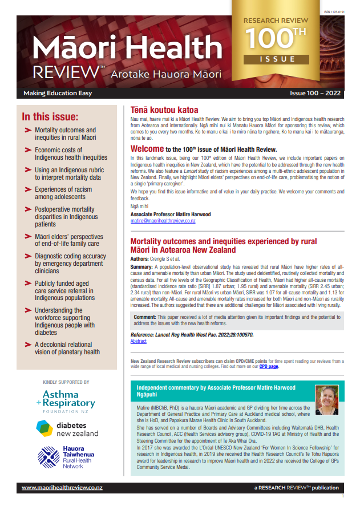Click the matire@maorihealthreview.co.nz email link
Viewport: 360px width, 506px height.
click(163, 220)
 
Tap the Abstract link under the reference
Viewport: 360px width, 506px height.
click(139, 341)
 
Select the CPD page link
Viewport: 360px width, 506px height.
click(269, 366)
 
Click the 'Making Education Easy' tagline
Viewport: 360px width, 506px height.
click(58, 93)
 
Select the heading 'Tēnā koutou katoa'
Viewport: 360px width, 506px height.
click(164, 110)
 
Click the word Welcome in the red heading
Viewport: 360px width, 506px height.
click(147, 149)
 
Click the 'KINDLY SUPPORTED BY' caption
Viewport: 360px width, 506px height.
click(66, 382)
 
